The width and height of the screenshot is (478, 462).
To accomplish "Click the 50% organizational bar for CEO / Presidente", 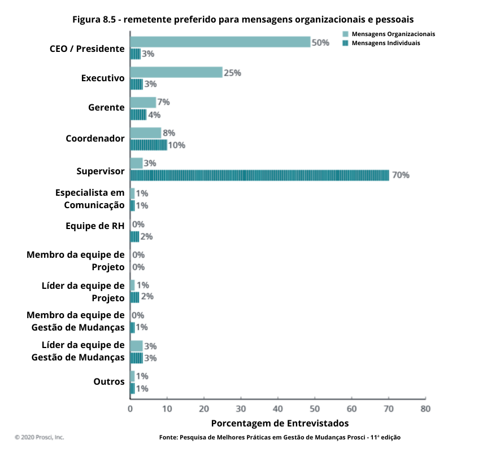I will coord(220,42).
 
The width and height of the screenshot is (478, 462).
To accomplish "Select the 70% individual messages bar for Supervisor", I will coord(260,175).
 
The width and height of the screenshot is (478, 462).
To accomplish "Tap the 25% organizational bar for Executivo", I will coord(176,72).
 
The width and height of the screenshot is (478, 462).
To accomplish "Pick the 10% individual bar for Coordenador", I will coord(149,145).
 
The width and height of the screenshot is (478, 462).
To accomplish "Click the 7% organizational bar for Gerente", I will coord(143,102).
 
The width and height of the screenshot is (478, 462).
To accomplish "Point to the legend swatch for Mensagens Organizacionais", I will coord(345,34).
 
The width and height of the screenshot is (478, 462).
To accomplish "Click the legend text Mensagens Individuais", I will coord(385,43).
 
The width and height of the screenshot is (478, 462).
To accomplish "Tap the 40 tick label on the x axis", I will coord(278,408).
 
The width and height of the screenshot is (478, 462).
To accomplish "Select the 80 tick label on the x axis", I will coord(425,408).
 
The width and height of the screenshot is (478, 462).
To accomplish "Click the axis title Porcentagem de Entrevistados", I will coord(280,423).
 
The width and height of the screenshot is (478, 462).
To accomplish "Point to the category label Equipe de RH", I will coord(95,226).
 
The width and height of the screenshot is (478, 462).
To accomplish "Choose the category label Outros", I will coord(109,382).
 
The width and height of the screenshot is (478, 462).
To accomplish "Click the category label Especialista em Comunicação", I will coord(90,199).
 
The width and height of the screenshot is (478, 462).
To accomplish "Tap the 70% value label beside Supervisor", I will coord(401,175).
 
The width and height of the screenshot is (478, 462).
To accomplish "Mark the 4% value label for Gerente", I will coord(154,115).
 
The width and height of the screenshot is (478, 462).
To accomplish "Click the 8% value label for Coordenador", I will coord(169,133).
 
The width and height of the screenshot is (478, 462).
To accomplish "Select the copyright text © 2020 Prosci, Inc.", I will coord(40,437).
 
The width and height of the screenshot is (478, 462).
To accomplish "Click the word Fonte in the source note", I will coord(168,437).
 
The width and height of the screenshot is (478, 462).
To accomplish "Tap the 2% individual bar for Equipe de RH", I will coord(134,236).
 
